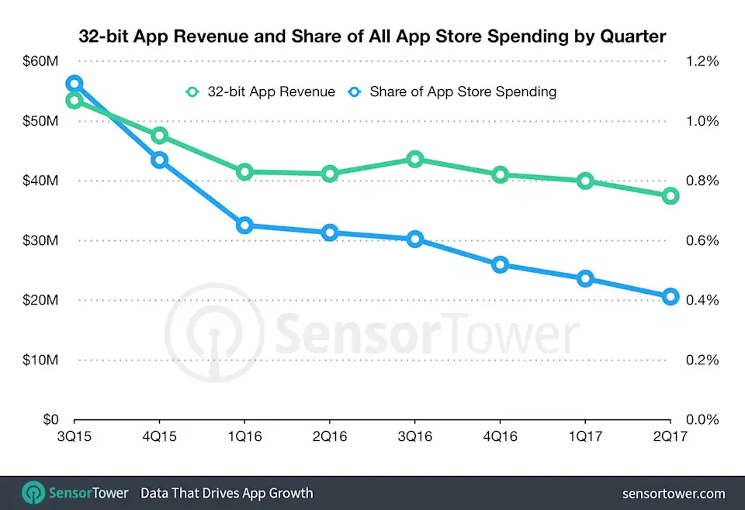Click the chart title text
372,36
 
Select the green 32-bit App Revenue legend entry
261,91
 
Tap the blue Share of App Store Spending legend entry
452,91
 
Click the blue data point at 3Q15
74,84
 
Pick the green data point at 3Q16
415,160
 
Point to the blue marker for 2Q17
670,296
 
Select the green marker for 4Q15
160,136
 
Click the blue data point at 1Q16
244,226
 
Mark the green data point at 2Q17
670,196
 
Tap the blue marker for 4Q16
501,265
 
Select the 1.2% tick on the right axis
701,61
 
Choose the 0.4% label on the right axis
701,301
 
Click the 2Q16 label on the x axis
330,438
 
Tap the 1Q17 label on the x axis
585,438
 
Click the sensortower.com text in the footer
674,493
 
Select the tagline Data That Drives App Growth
227,493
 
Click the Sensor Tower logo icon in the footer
33,493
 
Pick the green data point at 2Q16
330,174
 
